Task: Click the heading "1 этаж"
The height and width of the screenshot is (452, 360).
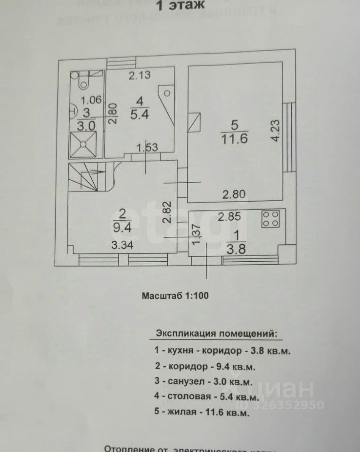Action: tap(180, 6)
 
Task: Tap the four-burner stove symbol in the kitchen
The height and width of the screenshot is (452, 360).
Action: tap(270, 218)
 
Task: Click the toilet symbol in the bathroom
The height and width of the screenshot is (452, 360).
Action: tap(84, 81)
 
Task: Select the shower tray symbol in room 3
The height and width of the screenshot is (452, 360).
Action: tap(83, 144)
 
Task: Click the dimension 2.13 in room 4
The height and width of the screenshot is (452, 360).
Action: tap(140, 74)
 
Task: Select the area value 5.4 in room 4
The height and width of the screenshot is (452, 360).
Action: tap(140, 114)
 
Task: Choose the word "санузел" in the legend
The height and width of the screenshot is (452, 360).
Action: tap(181, 382)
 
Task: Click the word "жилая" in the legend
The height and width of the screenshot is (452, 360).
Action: tap(177, 414)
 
